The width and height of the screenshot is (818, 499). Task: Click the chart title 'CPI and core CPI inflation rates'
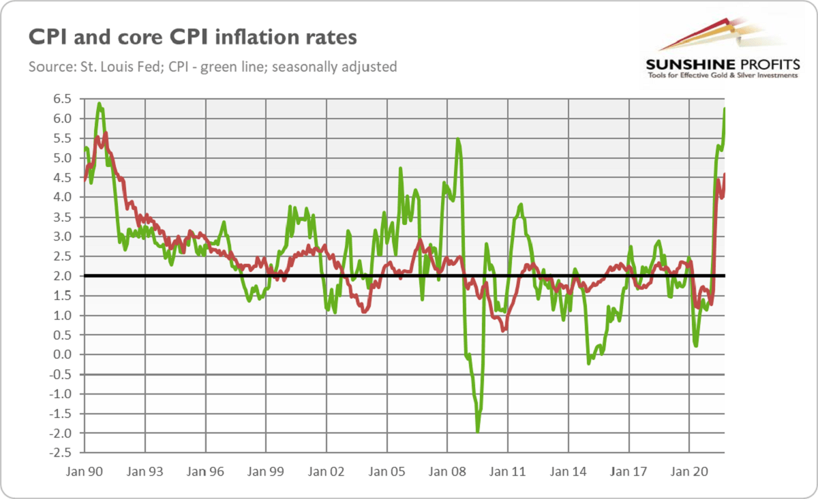[x=192, y=37]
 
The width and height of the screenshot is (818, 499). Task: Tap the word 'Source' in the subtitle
[x=48, y=67]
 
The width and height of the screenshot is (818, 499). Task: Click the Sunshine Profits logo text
[x=722, y=64]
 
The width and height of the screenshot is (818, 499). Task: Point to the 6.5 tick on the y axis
[x=62, y=99]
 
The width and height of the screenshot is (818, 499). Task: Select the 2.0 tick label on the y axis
[x=62, y=276]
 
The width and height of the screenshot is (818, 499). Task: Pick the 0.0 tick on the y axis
[x=62, y=354]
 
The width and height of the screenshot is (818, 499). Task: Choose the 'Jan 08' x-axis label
[x=447, y=470]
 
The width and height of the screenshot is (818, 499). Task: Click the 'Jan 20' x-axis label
[x=689, y=470]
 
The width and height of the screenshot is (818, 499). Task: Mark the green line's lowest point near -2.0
[x=477, y=432]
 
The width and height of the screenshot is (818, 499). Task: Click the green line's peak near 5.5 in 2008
[x=458, y=139]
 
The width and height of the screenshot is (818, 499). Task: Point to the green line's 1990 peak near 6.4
[x=100, y=104]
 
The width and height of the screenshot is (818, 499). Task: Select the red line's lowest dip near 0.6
[x=503, y=331]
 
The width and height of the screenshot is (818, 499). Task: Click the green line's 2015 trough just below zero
[x=589, y=363]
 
